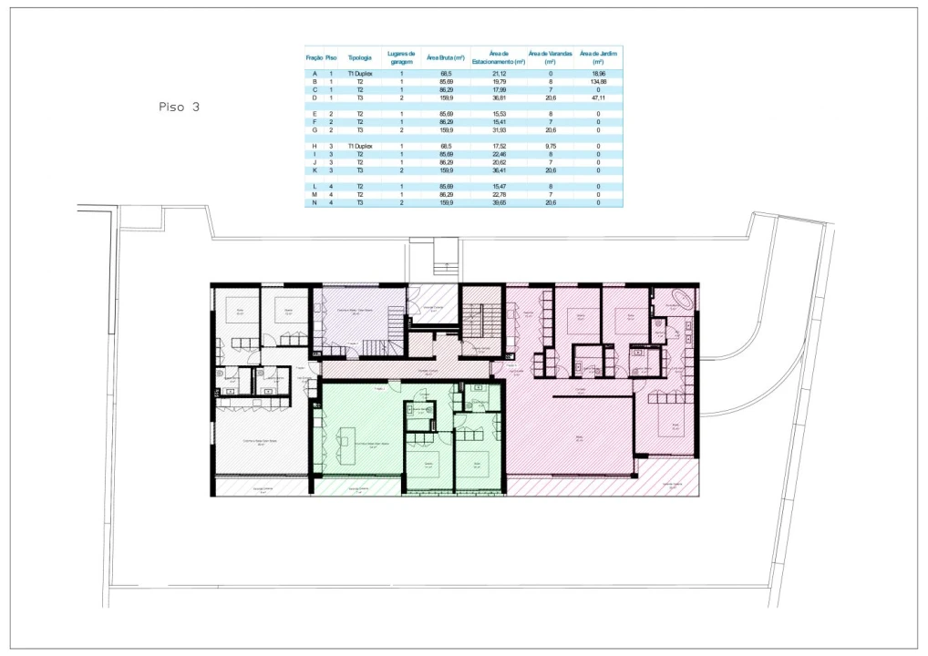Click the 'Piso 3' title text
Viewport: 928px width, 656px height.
point(179,108)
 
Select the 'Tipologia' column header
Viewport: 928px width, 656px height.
point(360,57)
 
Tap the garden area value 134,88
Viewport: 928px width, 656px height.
point(598,81)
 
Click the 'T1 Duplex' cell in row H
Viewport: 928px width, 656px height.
point(360,146)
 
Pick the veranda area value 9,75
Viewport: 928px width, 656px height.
point(551,146)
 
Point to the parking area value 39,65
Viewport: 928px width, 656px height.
point(500,202)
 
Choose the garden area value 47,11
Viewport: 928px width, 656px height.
point(598,97)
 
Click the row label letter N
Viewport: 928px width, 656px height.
point(314,202)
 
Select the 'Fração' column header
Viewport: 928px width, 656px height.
point(314,57)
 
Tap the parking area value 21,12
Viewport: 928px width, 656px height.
point(500,73)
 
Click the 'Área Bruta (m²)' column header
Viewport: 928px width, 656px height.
point(446,57)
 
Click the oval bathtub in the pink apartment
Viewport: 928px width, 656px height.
point(682,297)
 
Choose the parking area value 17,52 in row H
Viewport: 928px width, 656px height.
point(500,146)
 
